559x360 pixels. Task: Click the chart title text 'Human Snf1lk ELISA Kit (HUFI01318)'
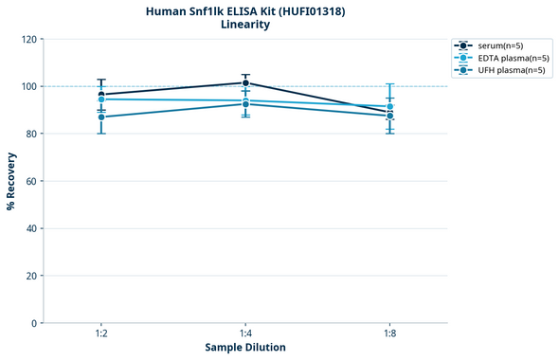245,10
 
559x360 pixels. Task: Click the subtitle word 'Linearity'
245,25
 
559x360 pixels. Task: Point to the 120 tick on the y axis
28,39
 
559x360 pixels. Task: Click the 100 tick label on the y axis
28,86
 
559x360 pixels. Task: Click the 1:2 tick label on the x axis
101,334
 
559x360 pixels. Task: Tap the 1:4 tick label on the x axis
245,334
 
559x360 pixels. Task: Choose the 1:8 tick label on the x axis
389,334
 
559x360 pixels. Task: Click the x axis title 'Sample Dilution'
245,348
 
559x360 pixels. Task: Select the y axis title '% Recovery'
11,181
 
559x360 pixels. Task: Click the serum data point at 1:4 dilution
245,83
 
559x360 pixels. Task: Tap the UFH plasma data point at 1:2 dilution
101,117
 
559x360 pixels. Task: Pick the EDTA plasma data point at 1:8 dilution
389,107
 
